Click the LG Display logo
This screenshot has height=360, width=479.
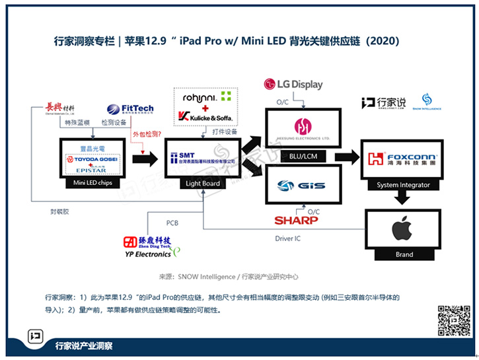293,84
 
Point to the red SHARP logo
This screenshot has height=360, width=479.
296,220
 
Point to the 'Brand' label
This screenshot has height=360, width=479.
404,254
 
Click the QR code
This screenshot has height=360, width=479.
454,321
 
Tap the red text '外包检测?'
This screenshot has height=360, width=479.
147,135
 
